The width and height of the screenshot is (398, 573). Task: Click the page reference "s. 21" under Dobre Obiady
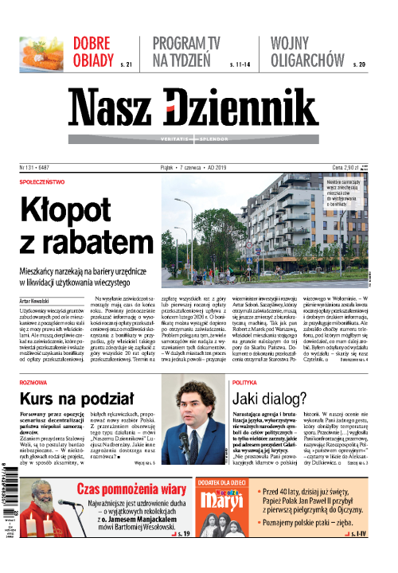125,64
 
